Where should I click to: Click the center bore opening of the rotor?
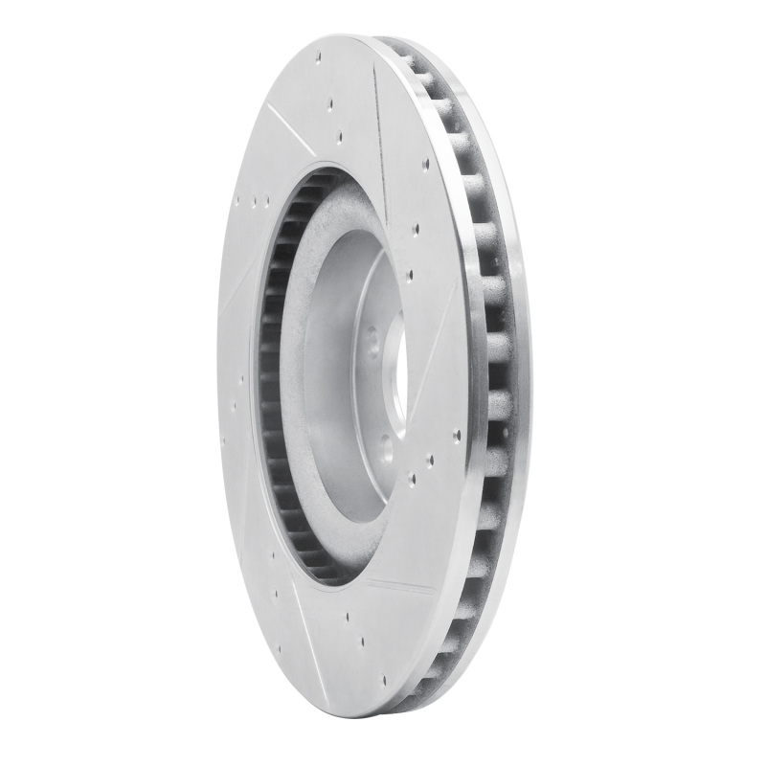(398, 378)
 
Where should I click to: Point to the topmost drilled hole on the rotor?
(317, 56)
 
